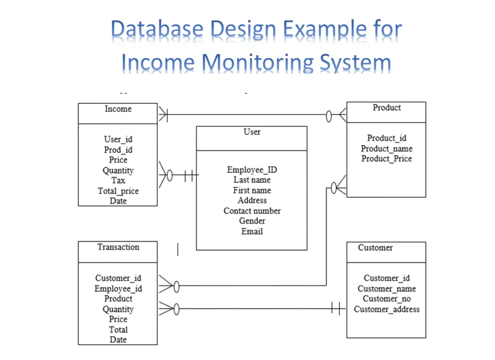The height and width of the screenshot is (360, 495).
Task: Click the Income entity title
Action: pyautogui.click(x=118, y=109)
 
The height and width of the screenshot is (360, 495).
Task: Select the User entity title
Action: pyautogui.click(x=252, y=132)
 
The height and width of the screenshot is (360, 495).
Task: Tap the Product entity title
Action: pyautogui.click(x=387, y=107)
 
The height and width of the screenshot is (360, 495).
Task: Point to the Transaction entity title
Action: pyautogui.click(x=118, y=247)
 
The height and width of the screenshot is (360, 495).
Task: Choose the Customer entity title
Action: pyautogui.click(x=375, y=247)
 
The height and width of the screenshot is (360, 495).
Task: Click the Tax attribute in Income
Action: pyautogui.click(x=118, y=180)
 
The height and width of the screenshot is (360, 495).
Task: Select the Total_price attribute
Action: pyautogui.click(x=118, y=191)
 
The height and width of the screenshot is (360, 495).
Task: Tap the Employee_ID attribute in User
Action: pyautogui.click(x=252, y=170)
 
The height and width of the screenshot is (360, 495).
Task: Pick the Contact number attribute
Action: pyautogui.click(x=252, y=210)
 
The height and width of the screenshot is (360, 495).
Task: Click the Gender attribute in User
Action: pyautogui.click(x=252, y=221)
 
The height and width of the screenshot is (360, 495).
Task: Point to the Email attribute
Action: pyautogui.click(x=252, y=231)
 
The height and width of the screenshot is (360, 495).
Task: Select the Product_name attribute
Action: pyautogui.click(x=387, y=149)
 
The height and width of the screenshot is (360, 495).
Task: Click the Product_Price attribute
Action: pyautogui.click(x=387, y=159)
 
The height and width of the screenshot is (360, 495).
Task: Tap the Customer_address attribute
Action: pyautogui.click(x=387, y=309)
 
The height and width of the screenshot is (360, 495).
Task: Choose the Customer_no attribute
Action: pyautogui.click(x=387, y=299)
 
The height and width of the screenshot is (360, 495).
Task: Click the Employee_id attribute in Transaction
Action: pyautogui.click(x=118, y=288)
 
